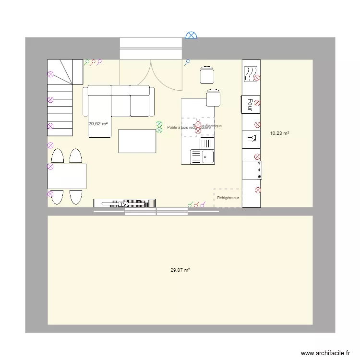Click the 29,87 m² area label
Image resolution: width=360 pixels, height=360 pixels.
(x=180, y=270)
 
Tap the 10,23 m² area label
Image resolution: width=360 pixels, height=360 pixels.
(x=279, y=134)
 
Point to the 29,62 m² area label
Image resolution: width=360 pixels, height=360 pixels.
(x=98, y=123)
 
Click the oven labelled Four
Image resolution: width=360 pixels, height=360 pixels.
(x=250, y=105)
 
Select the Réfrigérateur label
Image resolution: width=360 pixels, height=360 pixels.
(x=228, y=198)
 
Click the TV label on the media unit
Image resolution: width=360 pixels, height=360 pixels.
(x=124, y=204)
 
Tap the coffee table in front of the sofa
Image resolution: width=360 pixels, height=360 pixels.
(x=137, y=141)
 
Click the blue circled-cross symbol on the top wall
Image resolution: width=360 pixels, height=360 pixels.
(x=191, y=35)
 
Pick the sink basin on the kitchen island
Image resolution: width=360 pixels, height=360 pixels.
(x=207, y=156)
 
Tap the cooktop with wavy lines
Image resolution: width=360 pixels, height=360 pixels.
(x=250, y=73)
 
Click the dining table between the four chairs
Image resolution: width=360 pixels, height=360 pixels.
(x=67, y=176)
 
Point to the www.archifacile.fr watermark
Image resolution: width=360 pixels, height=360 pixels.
(x=325, y=353)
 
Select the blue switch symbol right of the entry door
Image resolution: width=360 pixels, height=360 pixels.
(x=187, y=62)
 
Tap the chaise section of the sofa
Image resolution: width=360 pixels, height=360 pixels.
(x=99, y=116)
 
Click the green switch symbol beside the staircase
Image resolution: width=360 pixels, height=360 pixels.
(x=87, y=62)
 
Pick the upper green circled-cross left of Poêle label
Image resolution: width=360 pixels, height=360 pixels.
(x=159, y=124)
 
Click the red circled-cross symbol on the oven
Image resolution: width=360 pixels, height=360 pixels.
(x=258, y=102)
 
